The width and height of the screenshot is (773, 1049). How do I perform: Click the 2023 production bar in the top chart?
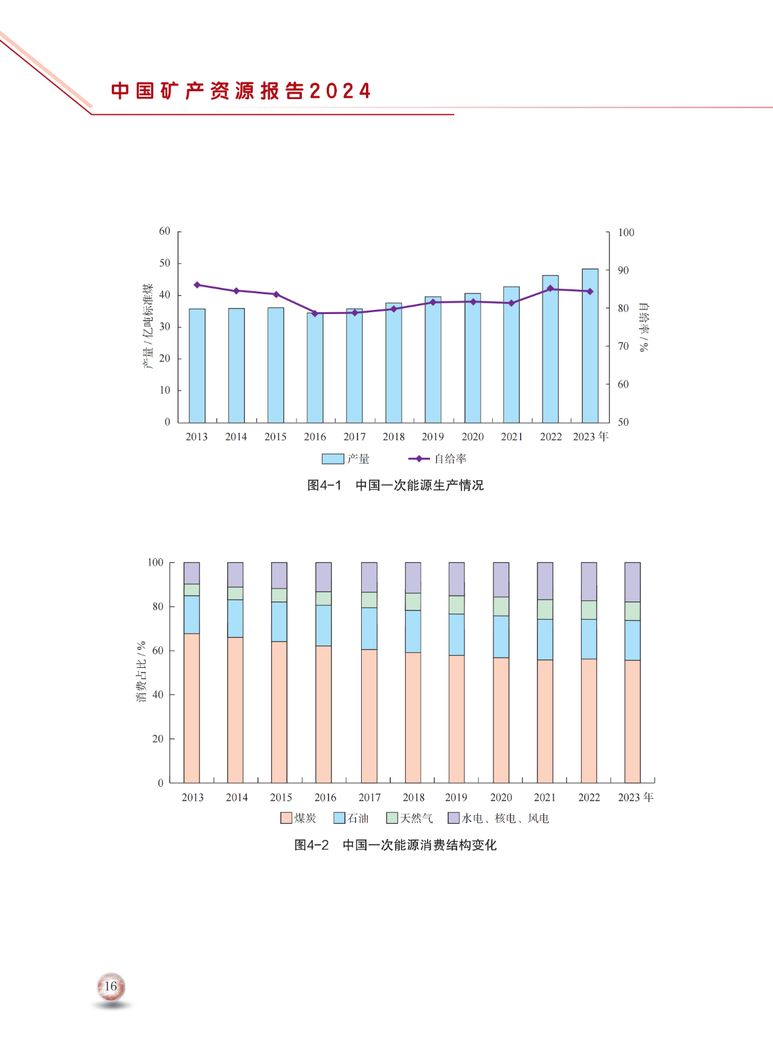pyautogui.click(x=590, y=345)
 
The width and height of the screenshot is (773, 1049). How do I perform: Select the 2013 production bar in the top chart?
pyautogui.click(x=197, y=365)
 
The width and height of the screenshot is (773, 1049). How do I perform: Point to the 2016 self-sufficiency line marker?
pyautogui.click(x=315, y=313)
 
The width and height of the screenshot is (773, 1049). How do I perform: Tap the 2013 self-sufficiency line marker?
pyautogui.click(x=197, y=284)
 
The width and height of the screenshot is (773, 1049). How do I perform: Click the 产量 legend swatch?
pyautogui.click(x=333, y=459)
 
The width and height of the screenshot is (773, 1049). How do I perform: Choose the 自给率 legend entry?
pyautogui.click(x=437, y=459)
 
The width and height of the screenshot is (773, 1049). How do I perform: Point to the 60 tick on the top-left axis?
pyautogui.click(x=165, y=231)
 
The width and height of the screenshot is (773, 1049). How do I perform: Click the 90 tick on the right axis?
pyautogui.click(x=623, y=271)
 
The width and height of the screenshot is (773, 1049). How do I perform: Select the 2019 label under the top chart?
pyautogui.click(x=432, y=437)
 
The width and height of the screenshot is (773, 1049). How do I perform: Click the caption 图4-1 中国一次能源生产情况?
pyautogui.click(x=395, y=486)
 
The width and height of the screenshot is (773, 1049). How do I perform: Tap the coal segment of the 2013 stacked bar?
pyautogui.click(x=191, y=708)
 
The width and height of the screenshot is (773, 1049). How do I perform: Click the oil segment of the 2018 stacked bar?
pyautogui.click(x=413, y=631)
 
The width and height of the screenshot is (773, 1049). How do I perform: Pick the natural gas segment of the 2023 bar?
pyautogui.click(x=632, y=611)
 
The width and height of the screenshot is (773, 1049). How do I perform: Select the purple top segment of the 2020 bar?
pyautogui.click(x=501, y=580)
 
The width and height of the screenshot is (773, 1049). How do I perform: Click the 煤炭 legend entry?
pyautogui.click(x=299, y=818)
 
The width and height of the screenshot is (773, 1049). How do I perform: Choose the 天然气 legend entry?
pyautogui.click(x=410, y=818)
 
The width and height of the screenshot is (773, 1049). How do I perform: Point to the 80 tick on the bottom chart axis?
pyautogui.click(x=158, y=606)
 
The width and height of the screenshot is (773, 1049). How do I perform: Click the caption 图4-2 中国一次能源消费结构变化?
pyautogui.click(x=395, y=845)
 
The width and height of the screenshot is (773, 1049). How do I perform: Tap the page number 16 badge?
pyautogui.click(x=111, y=987)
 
